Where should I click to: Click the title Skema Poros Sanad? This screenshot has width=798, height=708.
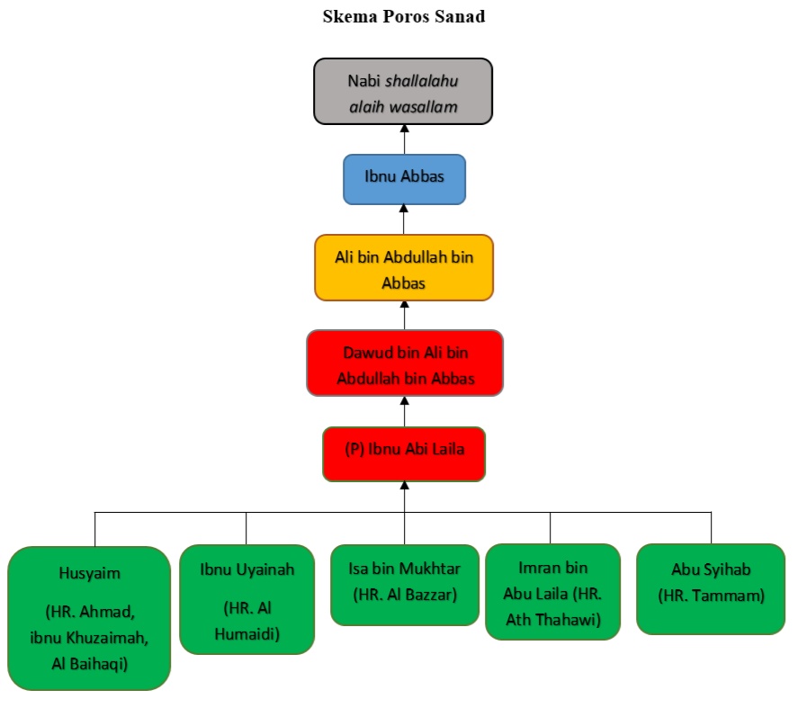[x=404, y=17]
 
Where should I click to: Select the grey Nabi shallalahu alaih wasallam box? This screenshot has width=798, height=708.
[x=403, y=92]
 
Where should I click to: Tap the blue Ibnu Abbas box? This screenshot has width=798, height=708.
[x=404, y=178]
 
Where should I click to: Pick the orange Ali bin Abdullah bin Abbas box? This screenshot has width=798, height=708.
[x=404, y=267]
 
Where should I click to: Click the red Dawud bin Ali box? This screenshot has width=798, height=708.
[x=404, y=363]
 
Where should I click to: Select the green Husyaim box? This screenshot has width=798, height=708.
[x=89, y=618]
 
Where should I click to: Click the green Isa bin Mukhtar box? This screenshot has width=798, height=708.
[x=404, y=584]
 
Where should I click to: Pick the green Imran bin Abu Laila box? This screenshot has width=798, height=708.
[x=552, y=591]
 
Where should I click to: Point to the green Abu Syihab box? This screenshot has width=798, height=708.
[x=711, y=588]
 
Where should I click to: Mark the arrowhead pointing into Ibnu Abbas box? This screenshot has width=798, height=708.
[x=404, y=210]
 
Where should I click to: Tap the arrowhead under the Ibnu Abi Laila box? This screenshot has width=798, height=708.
[x=404, y=487]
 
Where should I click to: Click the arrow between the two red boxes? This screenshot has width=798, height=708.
[x=404, y=410]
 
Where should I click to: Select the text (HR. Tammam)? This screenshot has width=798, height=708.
[x=711, y=595]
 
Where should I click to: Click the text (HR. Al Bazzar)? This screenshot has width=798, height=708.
[x=405, y=594]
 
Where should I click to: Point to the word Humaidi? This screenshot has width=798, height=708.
[x=247, y=635]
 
